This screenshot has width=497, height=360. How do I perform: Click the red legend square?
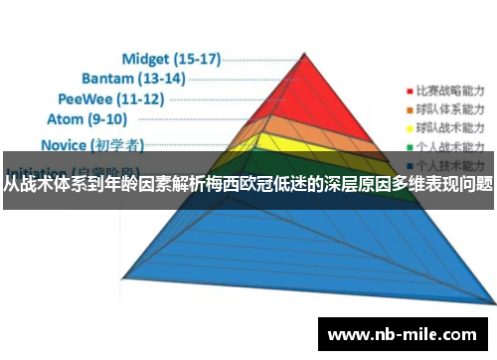pyautogui.click(x=409, y=87)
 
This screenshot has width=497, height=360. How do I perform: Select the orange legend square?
pyautogui.click(x=409, y=108)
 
